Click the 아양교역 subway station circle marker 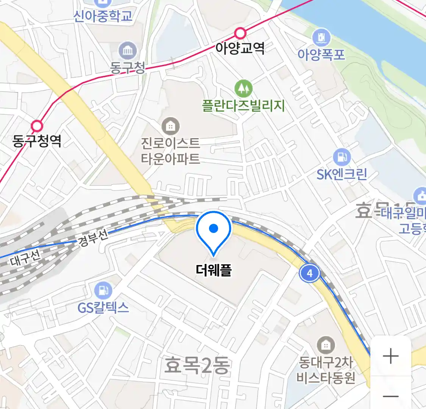[240, 33]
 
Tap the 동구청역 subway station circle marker [37, 126]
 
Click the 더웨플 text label [214, 270]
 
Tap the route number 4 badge [310, 273]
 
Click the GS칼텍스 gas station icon [103, 290]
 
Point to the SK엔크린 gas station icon [342, 157]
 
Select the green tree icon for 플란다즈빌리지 [243, 89]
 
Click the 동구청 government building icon [128, 50]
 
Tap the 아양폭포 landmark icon [321, 37]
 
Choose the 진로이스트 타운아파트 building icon [170, 126]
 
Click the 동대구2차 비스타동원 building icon [325, 345]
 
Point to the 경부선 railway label [93, 238]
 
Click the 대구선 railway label [25, 259]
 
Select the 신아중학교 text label [103, 16]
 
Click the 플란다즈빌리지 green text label [243, 105]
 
